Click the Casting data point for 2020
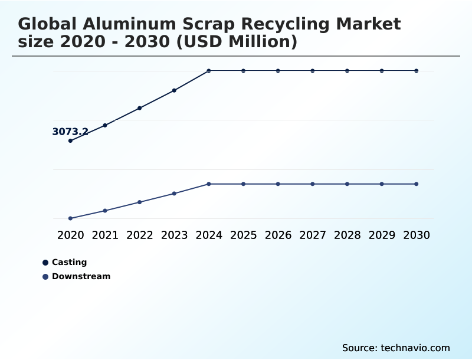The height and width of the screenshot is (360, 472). tap(70, 141)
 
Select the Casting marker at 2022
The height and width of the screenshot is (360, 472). tap(140, 108)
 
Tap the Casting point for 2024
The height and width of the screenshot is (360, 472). tap(209, 71)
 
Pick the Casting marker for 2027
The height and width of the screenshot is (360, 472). tap(313, 71)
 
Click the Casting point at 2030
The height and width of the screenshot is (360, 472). tap(417, 71)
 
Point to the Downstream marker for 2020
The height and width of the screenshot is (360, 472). tap(70, 218)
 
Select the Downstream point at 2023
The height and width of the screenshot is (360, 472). tap(174, 194)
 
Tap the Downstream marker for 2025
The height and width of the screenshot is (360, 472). tap(243, 184)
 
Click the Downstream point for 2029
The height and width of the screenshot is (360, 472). tap(382, 184)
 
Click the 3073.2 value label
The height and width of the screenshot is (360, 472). tap(70, 132)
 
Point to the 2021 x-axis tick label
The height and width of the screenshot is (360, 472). tap(105, 235)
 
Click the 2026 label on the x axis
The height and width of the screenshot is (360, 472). tap(278, 235)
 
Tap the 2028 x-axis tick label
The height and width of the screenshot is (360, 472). tap(347, 235)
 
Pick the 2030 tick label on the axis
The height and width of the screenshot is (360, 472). tap(417, 235)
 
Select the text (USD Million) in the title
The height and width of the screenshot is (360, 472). tap(230, 42)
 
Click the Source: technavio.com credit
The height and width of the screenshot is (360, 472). tap(396, 348)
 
